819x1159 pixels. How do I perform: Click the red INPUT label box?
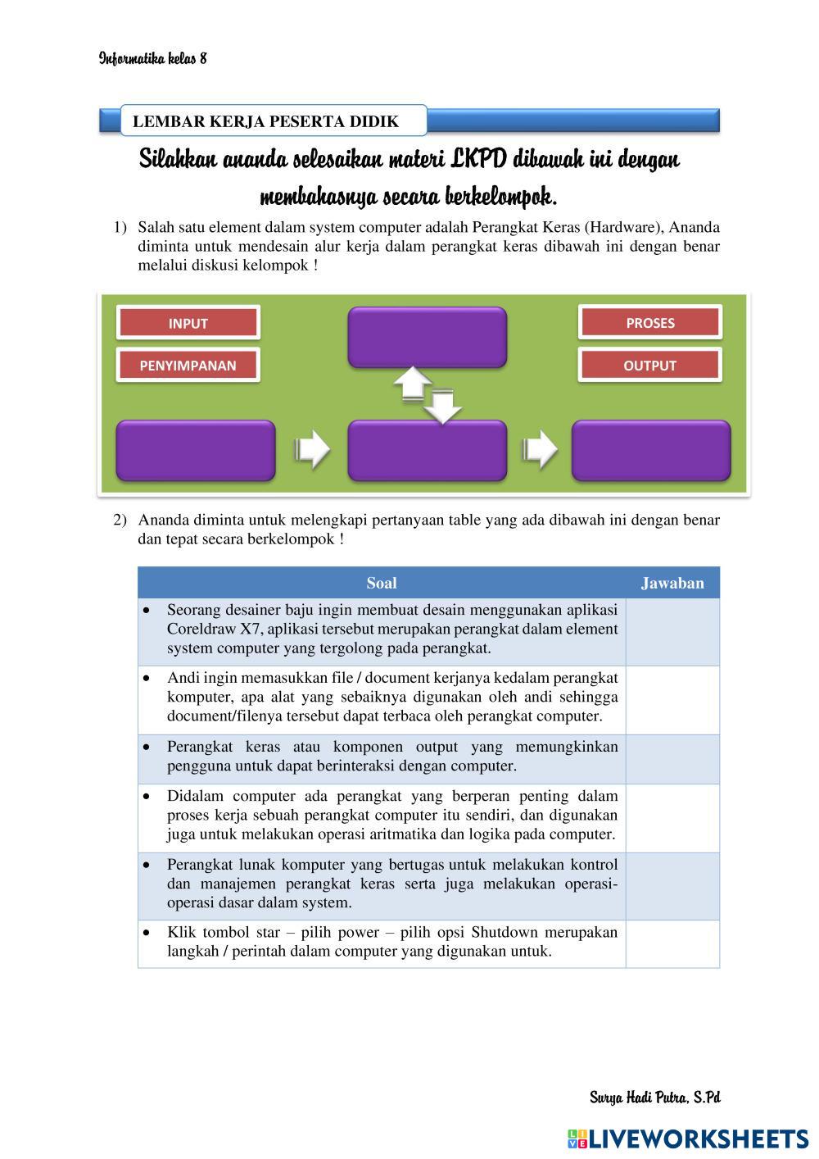tap(188, 323)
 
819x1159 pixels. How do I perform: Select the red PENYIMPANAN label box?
tap(188, 366)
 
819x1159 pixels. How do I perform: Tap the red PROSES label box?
tap(650, 323)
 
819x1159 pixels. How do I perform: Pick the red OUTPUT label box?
tap(650, 366)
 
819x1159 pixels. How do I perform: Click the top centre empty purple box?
tap(427, 337)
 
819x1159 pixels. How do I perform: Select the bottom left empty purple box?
tap(196, 450)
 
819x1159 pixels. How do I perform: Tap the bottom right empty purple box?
tap(650, 450)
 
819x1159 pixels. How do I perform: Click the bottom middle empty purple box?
tap(427, 450)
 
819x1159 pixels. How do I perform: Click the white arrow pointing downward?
tap(442, 406)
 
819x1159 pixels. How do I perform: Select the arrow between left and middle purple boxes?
tap(312, 449)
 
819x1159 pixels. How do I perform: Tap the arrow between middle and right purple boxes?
tap(539, 449)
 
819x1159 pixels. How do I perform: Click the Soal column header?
tap(382, 583)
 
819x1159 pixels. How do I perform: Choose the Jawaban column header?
tap(672, 583)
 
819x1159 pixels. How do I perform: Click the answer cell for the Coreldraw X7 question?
tap(672, 631)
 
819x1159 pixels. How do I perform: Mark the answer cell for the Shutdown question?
tap(672, 943)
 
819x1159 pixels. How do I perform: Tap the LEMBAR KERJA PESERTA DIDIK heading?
tap(265, 122)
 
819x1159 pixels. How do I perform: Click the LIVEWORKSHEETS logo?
tap(687, 1139)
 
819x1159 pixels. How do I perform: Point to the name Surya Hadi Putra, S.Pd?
tap(654, 1098)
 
